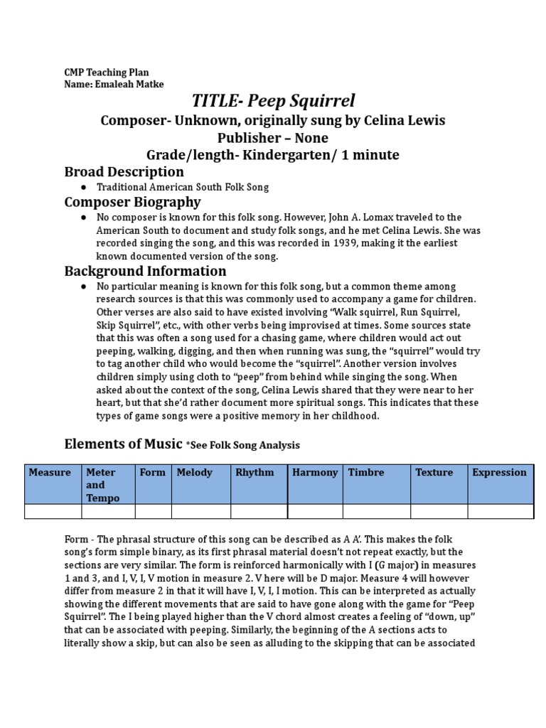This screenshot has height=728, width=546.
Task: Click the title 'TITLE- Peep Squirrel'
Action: tap(273, 101)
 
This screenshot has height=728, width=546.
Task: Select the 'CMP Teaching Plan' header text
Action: tap(107, 73)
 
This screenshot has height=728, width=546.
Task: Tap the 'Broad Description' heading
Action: tap(124, 172)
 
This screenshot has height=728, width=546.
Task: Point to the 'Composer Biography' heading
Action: tap(132, 202)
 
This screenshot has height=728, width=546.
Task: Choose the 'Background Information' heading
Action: tap(145, 271)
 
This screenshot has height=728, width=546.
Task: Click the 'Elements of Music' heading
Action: tap(123, 444)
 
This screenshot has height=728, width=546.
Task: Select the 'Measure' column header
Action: tap(50, 473)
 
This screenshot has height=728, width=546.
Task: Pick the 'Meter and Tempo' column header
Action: tap(101, 485)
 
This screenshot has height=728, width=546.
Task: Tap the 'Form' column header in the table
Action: tap(152, 473)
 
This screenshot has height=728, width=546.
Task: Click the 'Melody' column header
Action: tap(195, 473)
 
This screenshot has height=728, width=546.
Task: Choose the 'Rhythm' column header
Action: tap(255, 473)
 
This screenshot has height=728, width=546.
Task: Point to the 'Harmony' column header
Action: tap(315, 473)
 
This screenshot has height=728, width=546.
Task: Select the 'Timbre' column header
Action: tap(366, 473)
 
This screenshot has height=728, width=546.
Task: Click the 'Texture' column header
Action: tap(434, 473)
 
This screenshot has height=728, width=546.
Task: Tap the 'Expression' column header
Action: tap(499, 473)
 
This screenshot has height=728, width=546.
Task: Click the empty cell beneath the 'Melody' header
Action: tap(200, 511)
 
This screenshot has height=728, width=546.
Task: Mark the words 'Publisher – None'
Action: tap(273, 137)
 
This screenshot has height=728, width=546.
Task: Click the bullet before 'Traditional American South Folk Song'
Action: tap(84, 187)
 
